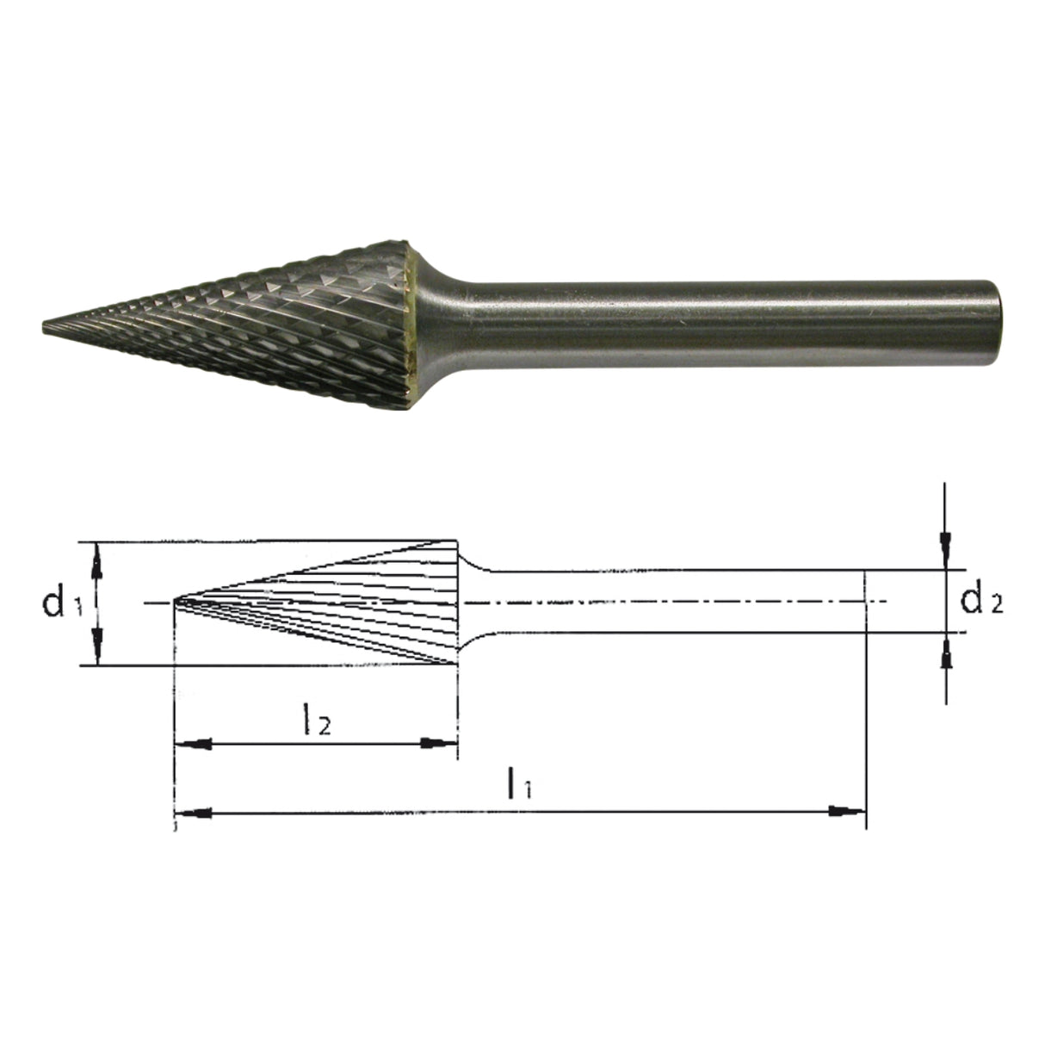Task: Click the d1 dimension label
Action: pos(62,603)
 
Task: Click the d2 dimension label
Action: pos(981,600)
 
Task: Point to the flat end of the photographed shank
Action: pos(998,325)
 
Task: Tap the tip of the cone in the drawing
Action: pos(174,600)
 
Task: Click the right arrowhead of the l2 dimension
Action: pos(440,742)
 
